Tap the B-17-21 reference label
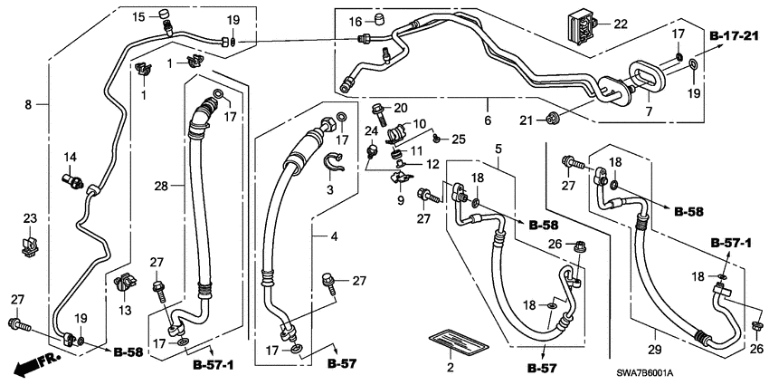[732, 35]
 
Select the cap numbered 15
[165, 13]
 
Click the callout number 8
[29, 104]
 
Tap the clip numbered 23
[30, 243]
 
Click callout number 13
[124, 310]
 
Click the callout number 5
[498, 148]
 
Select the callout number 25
[460, 138]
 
